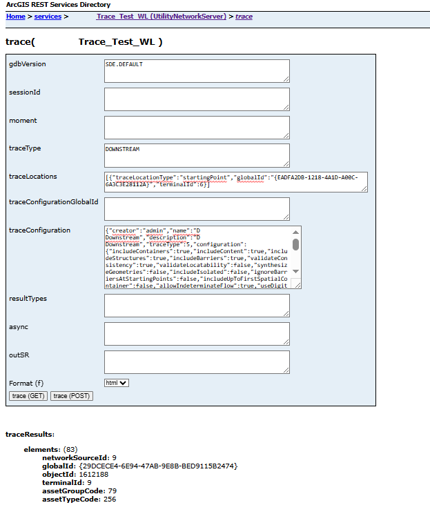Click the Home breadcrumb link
[15, 16]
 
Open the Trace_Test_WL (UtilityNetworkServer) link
[162, 16]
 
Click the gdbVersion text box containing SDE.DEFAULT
[196, 70]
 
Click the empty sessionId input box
[196, 99]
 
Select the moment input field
[196, 127]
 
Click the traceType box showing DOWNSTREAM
[196, 155]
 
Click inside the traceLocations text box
[235, 181]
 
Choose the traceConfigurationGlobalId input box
[196, 208]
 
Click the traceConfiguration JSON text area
[196, 257]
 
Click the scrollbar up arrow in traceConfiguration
[296, 232]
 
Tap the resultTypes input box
[196, 305]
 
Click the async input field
[196, 333]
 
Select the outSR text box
[196, 362]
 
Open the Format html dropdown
[116, 383]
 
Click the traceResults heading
[30, 435]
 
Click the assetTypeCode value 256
[109, 499]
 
